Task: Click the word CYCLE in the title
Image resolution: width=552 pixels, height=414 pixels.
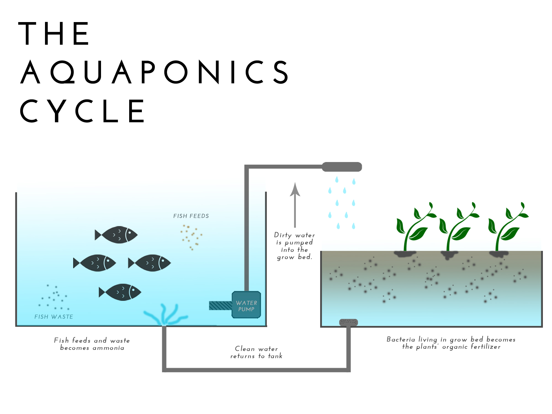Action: point(82,111)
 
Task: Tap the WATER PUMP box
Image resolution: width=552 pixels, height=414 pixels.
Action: point(246,305)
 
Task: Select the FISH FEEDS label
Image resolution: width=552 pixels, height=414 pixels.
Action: point(191,216)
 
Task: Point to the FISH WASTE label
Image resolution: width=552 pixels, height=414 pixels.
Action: point(54,317)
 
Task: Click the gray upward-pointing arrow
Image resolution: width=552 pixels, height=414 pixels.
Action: point(295,204)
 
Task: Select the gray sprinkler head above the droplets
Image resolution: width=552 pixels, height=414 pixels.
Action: point(342,167)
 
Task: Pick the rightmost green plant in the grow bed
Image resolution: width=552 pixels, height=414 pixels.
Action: point(506,229)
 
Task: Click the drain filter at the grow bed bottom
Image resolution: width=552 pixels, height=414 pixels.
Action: point(348,322)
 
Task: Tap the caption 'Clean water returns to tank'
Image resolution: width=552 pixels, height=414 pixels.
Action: point(256,352)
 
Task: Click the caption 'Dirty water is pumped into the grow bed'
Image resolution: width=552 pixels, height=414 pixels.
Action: point(294,246)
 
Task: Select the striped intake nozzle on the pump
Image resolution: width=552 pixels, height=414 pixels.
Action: point(221,306)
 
